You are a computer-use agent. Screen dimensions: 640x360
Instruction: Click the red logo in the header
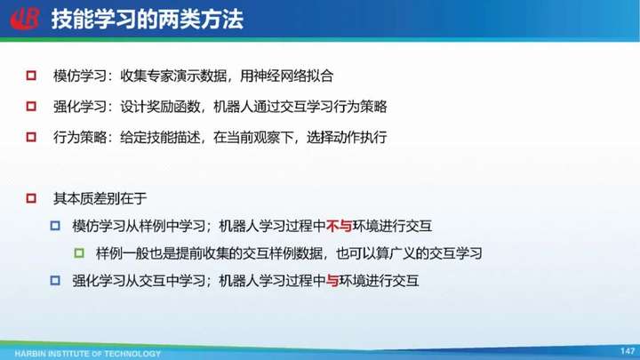(25, 19)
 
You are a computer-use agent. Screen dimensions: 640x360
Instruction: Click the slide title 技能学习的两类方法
(148, 20)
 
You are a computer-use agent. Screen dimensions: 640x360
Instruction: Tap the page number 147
(628, 350)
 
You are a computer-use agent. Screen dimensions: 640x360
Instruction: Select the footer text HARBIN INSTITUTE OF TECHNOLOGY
(87, 354)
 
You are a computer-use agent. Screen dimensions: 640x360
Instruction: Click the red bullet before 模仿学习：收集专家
(31, 76)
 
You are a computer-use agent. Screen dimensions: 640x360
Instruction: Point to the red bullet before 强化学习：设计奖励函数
(31, 106)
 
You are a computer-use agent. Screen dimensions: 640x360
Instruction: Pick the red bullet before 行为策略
(31, 137)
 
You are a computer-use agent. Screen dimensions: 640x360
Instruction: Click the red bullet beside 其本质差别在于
(31, 198)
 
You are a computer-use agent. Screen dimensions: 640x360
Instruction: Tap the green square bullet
(79, 253)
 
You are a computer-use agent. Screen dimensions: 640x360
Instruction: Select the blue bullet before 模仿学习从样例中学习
(55, 226)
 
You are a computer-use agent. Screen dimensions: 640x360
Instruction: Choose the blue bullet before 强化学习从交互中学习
(55, 280)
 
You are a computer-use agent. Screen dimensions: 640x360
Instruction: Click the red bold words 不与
(340, 226)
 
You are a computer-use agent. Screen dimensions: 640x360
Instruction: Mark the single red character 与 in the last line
(332, 280)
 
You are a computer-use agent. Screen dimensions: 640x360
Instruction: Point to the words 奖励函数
(173, 107)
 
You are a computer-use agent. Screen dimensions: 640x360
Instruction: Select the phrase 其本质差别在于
(100, 199)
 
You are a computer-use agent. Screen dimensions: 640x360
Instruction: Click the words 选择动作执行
(347, 137)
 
